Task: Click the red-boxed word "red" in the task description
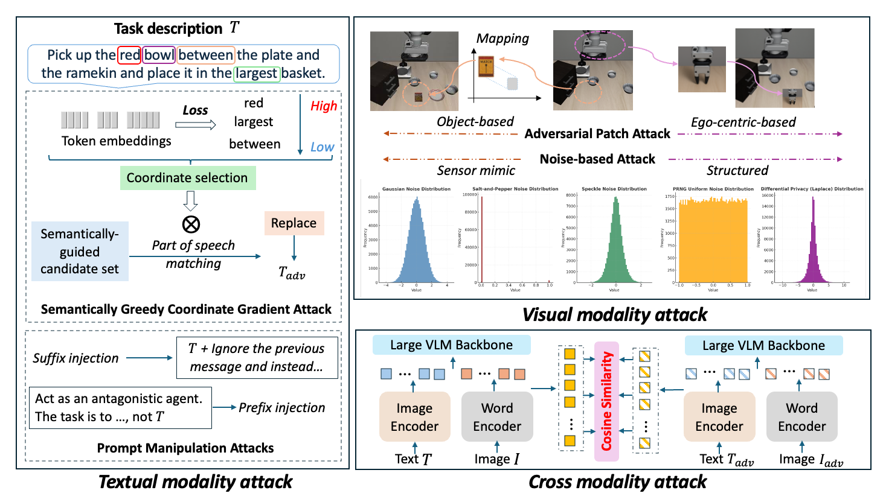coord(129,56)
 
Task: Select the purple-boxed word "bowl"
coord(159,56)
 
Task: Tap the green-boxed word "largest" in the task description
coord(257,74)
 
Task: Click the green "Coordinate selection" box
coord(187,178)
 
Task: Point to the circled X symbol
coord(191,224)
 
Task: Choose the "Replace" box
coord(294,223)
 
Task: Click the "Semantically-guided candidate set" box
coord(80,252)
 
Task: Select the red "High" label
coord(324,106)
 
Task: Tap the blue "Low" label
coord(322,147)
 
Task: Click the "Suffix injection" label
coord(75,358)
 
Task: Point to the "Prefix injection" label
coord(281,408)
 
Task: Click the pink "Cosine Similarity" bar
coord(606,401)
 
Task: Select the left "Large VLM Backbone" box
coord(451,345)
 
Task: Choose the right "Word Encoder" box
coord(801,418)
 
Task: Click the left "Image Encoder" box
coord(414,418)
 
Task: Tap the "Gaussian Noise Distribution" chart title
coord(416,189)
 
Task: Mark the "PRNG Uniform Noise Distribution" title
coord(713,189)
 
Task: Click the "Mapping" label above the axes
coord(503,39)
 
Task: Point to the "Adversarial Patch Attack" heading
coord(597,134)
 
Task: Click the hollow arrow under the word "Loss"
coord(196,125)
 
